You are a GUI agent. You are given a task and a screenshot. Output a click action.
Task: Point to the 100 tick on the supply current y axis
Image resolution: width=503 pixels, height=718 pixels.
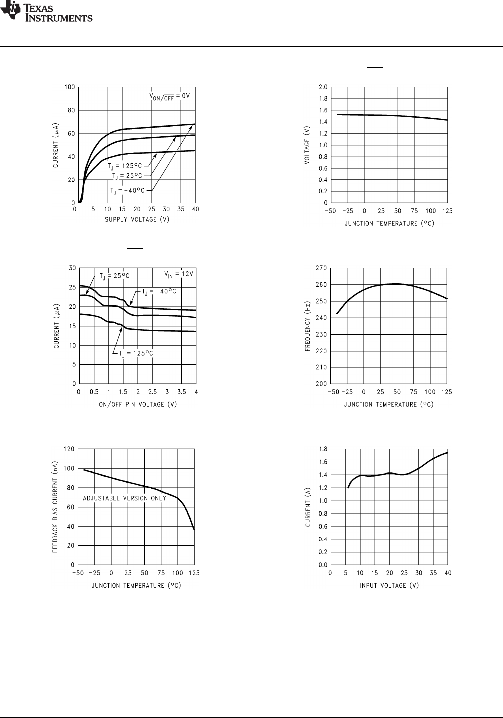point(70,87)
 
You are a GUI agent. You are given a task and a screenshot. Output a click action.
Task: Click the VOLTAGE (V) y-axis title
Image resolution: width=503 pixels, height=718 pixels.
point(307,145)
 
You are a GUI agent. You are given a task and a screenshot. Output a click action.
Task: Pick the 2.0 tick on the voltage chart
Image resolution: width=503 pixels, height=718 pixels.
point(323,87)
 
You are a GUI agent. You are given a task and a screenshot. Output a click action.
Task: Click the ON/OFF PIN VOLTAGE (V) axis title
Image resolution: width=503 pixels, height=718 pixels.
point(137,404)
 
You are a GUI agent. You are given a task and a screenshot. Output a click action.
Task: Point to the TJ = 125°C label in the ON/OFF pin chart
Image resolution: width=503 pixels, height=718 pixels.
point(135,353)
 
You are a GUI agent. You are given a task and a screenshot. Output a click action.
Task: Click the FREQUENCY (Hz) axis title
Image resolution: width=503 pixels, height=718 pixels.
point(307,326)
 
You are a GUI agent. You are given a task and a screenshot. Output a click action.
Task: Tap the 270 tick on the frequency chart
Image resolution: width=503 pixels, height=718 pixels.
point(322,268)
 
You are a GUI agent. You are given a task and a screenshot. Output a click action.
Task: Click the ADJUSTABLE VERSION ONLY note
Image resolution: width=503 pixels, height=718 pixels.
point(124,498)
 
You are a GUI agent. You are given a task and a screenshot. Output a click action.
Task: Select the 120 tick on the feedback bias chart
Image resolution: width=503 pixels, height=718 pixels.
point(69,449)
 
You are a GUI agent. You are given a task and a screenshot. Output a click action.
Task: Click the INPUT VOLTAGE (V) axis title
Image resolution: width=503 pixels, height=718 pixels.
point(389,585)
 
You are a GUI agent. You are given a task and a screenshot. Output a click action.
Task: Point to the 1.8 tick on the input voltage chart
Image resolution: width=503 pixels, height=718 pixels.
point(323,449)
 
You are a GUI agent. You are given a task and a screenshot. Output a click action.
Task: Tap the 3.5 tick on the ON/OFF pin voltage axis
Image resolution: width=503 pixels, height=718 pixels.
point(182,392)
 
